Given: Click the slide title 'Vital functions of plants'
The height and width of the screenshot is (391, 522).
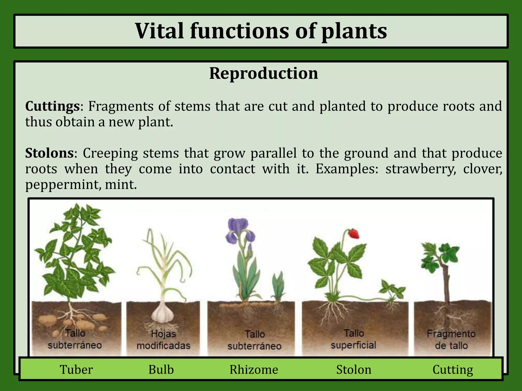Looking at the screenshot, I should pyautogui.click(x=261, y=31).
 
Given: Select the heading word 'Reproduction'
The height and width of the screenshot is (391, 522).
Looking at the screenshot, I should pyautogui.click(x=264, y=74).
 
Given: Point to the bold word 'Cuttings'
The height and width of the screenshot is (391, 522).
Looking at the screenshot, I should pyautogui.click(x=53, y=106).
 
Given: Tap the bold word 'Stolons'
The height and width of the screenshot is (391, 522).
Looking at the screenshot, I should pyautogui.click(x=49, y=153).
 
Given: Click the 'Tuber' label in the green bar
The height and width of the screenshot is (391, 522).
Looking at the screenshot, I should pyautogui.click(x=76, y=370).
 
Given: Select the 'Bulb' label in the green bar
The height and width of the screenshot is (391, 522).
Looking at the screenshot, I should pyautogui.click(x=161, y=370).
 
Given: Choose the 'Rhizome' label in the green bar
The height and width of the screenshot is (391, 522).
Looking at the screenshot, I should pyautogui.click(x=254, y=370).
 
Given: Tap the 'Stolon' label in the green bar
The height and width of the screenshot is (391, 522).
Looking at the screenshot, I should pyautogui.click(x=354, y=370).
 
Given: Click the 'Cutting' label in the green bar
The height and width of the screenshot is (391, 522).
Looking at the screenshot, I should pyautogui.click(x=453, y=370).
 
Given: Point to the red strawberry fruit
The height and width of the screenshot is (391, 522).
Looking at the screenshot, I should pyautogui.click(x=354, y=233).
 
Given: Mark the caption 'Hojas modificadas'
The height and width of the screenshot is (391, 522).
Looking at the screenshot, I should pyautogui.click(x=163, y=340).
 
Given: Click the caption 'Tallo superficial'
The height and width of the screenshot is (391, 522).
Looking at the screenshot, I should pyautogui.click(x=354, y=339).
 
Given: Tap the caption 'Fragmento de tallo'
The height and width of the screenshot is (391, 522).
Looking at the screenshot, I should pyautogui.click(x=451, y=340).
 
